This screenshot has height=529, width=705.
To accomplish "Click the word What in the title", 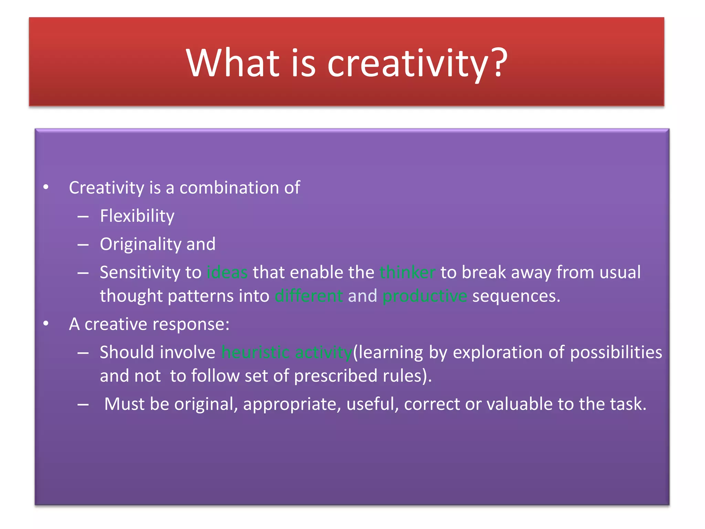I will (x=233, y=63).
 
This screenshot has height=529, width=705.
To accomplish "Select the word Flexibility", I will (x=137, y=216).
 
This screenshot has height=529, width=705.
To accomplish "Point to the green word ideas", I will (x=227, y=272).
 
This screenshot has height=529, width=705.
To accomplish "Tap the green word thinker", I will (x=408, y=272).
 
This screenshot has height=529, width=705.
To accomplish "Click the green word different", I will (x=309, y=296).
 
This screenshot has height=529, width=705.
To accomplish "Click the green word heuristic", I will (x=255, y=352).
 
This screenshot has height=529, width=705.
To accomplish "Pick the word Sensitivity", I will (x=140, y=273).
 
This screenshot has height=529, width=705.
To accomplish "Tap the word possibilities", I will (x=616, y=353).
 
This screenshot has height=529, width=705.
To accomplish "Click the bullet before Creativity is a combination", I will (x=46, y=188).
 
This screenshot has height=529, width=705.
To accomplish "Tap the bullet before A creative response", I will (x=46, y=324).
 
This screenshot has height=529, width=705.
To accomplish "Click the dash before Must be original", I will (x=83, y=405).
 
